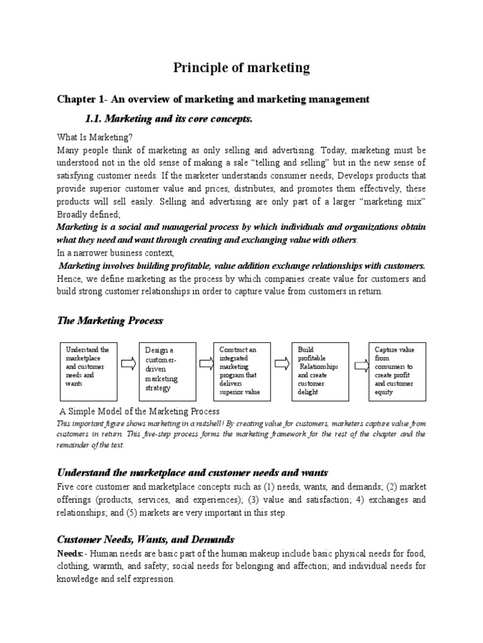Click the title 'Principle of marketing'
click(x=241, y=68)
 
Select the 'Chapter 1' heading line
click(x=213, y=99)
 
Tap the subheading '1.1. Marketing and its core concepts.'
click(x=168, y=119)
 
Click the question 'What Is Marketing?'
click(x=95, y=138)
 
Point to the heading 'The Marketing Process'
click(x=110, y=320)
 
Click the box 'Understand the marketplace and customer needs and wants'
click(x=87, y=370)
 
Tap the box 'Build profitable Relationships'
click(x=319, y=370)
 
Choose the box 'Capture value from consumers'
click(x=397, y=370)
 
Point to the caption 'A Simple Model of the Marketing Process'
click(x=139, y=411)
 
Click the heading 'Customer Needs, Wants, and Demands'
click(x=146, y=539)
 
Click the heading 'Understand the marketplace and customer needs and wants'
click(x=193, y=472)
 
